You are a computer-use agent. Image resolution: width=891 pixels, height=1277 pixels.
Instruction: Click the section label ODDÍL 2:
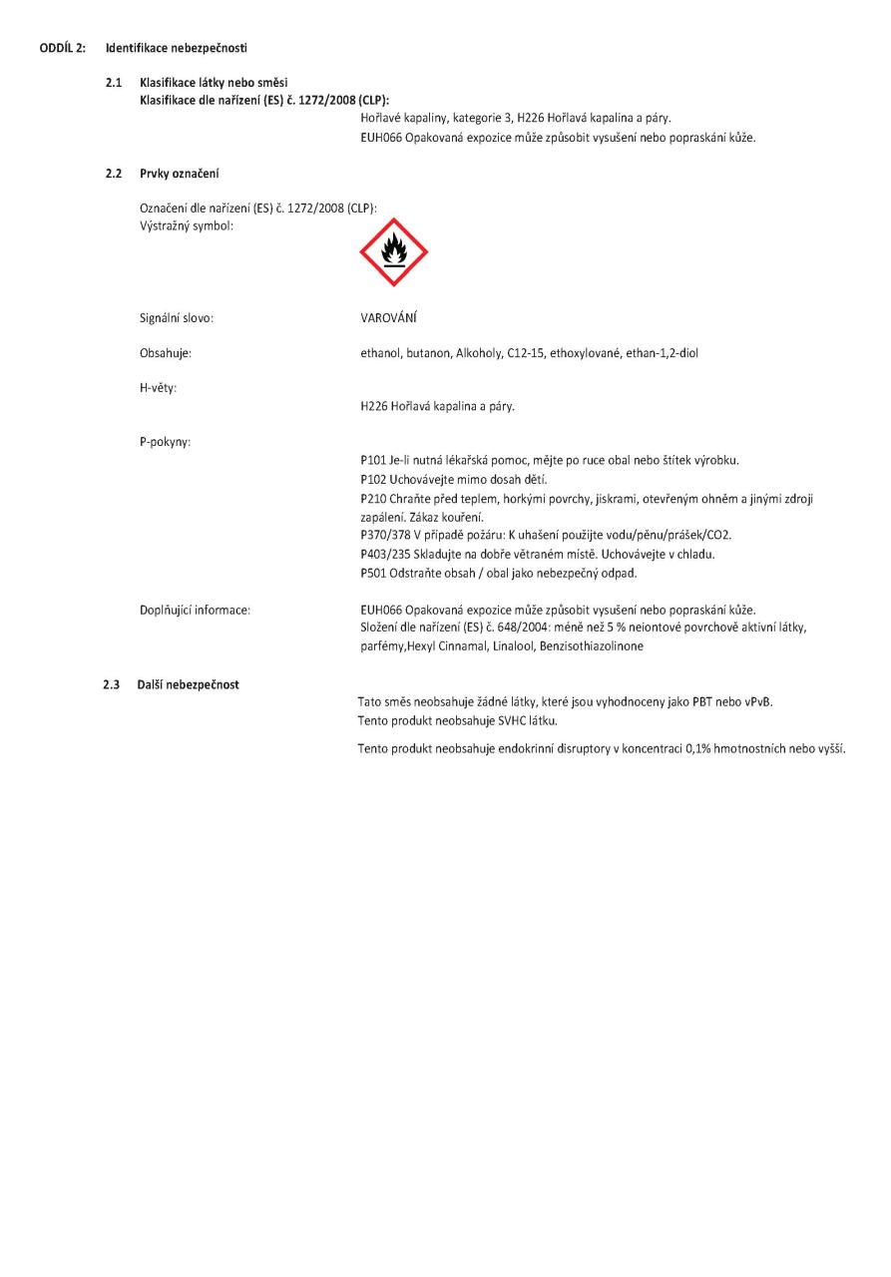(x=63, y=48)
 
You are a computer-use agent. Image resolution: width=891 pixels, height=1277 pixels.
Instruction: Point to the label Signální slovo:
(x=178, y=318)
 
